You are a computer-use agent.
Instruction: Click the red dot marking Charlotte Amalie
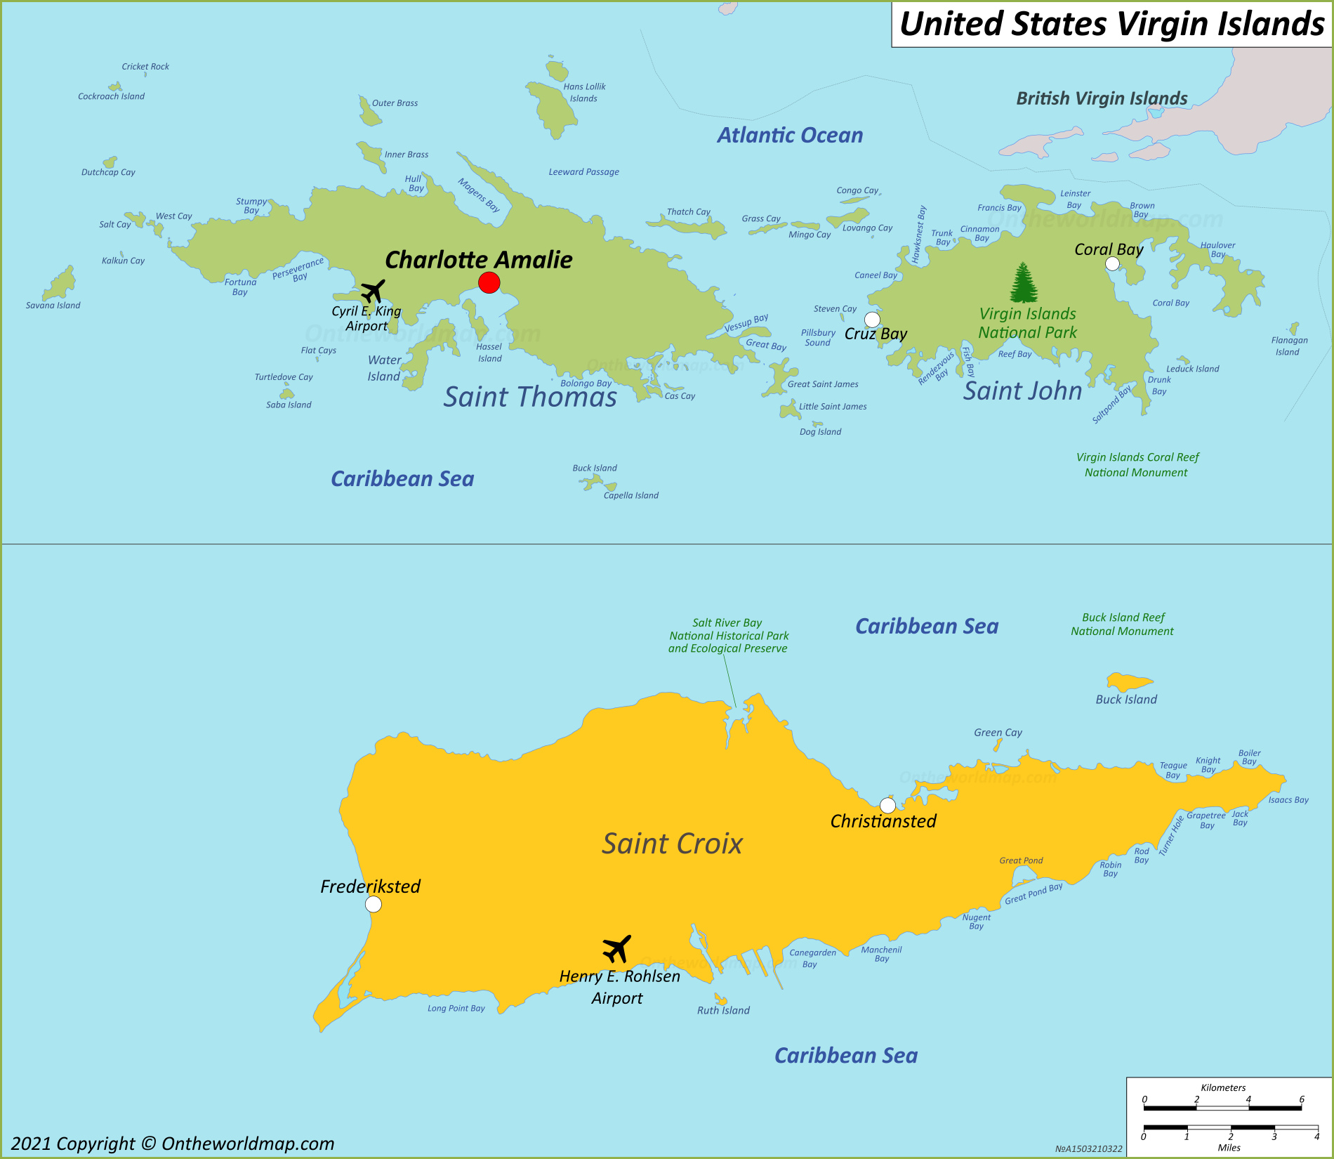pos(489,283)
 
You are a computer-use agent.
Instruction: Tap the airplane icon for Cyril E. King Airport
pos(373,290)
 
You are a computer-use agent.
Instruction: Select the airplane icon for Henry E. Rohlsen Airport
pos(616,949)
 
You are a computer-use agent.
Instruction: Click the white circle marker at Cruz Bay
pos(872,320)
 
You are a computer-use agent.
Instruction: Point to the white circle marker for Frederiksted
pos(374,904)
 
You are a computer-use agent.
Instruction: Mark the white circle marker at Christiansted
pos(887,805)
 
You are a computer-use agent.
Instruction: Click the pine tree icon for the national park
pos(1024,282)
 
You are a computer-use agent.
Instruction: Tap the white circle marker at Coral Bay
pos(1112,263)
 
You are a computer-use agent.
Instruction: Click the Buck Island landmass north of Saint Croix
pos(1128,681)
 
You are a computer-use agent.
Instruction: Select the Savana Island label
pos(53,306)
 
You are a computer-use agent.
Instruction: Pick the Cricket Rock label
pos(145,67)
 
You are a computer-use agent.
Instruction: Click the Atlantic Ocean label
pos(790,136)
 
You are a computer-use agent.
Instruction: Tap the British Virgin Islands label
pos(1102,98)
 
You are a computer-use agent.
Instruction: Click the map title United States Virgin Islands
pos(1111,24)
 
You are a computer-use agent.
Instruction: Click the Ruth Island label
pos(723,1011)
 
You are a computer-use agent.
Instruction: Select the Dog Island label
pos(820,432)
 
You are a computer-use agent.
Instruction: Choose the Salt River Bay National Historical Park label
pos(728,636)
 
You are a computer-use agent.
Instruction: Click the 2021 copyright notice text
pos(173,1144)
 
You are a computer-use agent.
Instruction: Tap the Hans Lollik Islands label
pos(584,92)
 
